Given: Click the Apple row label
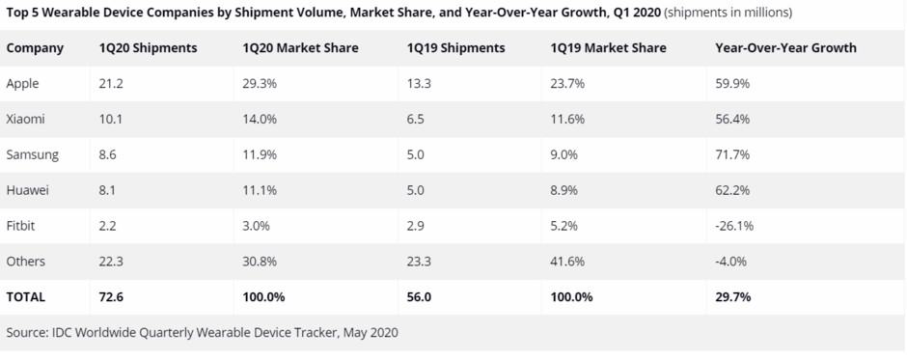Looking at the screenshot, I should pyautogui.click(x=22, y=84).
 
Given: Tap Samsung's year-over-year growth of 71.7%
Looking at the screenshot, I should pyautogui.click(x=732, y=155).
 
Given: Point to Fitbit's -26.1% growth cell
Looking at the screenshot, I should pyautogui.click(x=734, y=226).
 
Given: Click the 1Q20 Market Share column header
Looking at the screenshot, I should pyautogui.click(x=299, y=48).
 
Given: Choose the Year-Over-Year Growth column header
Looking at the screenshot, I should pyautogui.click(x=785, y=48).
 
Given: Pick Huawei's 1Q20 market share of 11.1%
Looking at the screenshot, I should pyautogui.click(x=261, y=191).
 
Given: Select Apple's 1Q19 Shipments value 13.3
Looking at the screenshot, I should pyautogui.click(x=418, y=84).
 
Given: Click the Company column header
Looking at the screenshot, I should pyautogui.click(x=35, y=48).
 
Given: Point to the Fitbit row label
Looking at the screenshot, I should pyautogui.click(x=21, y=226).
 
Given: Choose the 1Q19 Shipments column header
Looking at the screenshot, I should pyautogui.click(x=455, y=48).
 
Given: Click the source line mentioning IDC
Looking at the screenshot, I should pyautogui.click(x=202, y=333).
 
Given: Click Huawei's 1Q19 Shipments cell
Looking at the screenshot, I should pyautogui.click(x=415, y=191).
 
